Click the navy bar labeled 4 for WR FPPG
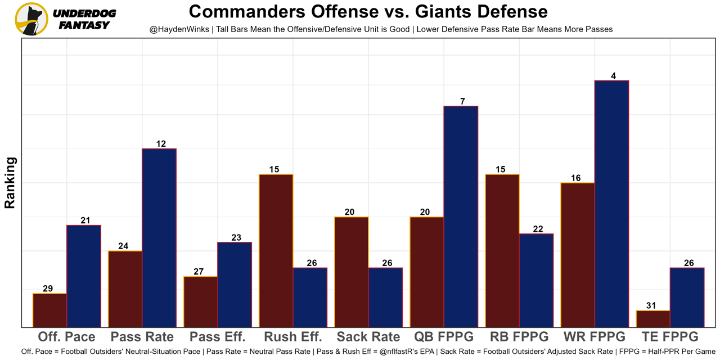point(611,204)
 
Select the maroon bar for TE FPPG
point(653,318)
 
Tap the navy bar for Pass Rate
point(159,237)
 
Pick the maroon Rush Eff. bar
point(276,250)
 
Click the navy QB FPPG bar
point(461,216)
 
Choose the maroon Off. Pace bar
point(50,310)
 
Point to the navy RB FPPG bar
point(536,280)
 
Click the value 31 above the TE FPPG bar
point(651,306)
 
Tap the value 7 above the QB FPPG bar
point(462,101)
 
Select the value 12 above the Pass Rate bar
point(161,144)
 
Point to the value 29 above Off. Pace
point(48,289)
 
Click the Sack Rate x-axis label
point(368,337)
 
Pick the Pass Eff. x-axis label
point(218,337)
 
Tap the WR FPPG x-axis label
point(595,337)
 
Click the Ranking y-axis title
point(10,183)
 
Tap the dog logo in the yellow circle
point(31,19)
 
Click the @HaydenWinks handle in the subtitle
point(179,29)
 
